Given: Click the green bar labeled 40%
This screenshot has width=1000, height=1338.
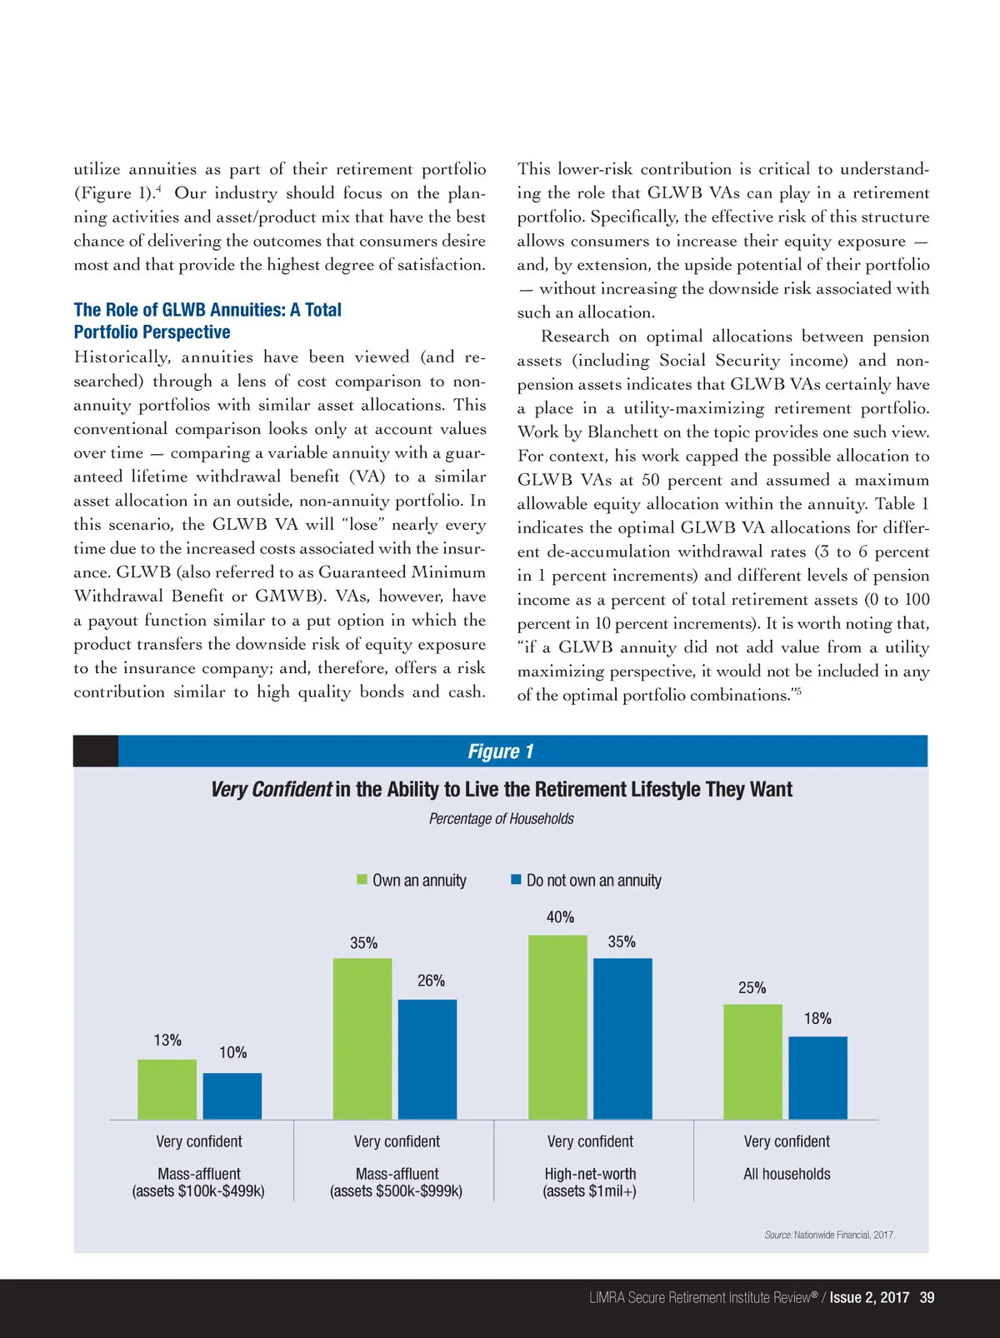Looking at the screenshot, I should coord(557,1026).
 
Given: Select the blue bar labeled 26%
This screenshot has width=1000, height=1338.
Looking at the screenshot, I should coord(427,1059).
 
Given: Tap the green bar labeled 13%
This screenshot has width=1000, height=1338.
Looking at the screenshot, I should coord(167,1089).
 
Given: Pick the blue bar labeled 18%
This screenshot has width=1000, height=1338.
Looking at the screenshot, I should coord(817,1077).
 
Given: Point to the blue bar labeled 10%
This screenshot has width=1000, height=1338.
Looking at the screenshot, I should coord(232,1096).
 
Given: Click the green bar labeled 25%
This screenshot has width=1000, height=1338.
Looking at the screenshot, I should coord(752,1061).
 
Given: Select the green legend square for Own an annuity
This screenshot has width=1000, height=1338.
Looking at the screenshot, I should coord(362,880).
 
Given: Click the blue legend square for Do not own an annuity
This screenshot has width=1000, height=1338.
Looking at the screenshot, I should coord(516,880).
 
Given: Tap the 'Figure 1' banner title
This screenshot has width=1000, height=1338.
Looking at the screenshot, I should coord(500,751).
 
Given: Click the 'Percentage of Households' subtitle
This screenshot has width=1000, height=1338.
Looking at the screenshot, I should coord(501,819).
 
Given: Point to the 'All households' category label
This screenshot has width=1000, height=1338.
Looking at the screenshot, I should coord(787,1174).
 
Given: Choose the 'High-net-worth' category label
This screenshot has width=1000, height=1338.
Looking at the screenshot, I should coord(590,1174).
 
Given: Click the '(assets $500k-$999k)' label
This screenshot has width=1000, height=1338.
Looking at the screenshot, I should coord(396,1191).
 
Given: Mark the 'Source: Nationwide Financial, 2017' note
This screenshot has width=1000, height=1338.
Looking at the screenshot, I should coord(829,1235).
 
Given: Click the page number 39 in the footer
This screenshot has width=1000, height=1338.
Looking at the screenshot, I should coord(927,1297).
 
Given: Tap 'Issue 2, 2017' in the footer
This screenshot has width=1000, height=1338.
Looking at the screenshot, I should coord(868,1297).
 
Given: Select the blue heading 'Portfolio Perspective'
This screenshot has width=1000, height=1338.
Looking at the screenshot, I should coord(152,332).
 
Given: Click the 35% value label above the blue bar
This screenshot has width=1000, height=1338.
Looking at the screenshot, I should coord(622,941).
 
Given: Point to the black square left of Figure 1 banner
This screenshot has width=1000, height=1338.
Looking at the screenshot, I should coord(95,751).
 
